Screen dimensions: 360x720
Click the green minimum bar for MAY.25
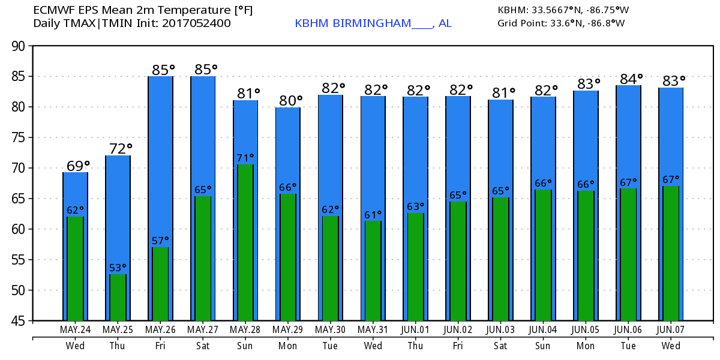[118, 297]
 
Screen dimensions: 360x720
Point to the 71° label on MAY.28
[245, 158]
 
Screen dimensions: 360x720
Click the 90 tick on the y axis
[17, 46]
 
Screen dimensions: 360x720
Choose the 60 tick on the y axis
[17, 229]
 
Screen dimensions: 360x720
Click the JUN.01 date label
[415, 329]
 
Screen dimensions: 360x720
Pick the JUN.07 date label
[671, 329]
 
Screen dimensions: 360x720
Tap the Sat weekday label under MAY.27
[203, 346]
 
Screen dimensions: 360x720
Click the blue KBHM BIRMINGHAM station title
[373, 23]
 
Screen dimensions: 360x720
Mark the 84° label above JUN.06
[631, 78]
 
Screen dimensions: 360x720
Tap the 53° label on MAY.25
[118, 268]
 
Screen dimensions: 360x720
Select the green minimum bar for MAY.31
[373, 271]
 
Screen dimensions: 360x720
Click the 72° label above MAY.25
[120, 148]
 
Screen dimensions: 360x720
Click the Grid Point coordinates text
[561, 23]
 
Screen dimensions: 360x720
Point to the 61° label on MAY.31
[373, 215]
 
